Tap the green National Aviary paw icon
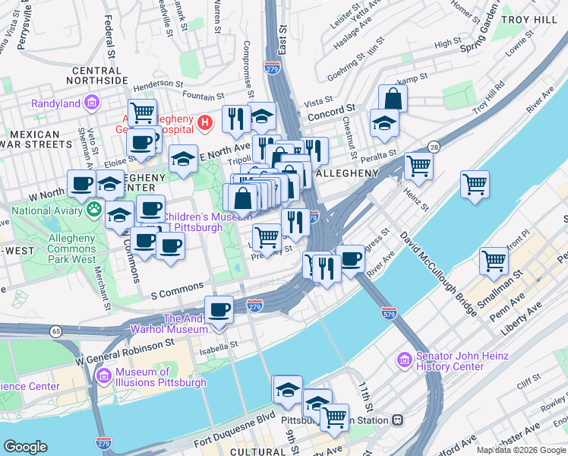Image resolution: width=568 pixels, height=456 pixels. click(95, 211)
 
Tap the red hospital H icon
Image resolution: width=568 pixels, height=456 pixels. click(204, 122)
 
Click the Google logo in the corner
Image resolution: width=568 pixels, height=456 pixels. click(25, 447)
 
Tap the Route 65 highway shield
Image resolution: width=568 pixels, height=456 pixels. click(55, 331)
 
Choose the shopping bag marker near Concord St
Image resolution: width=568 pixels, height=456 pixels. click(393, 99)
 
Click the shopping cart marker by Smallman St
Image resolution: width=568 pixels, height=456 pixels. click(494, 261)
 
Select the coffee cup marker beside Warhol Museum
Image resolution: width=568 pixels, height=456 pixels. click(219, 310)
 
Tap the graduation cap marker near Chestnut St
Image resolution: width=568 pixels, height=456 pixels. click(385, 124)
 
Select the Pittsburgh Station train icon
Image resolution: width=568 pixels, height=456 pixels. click(396, 420)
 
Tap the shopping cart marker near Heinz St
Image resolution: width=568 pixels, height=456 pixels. click(418, 165)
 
